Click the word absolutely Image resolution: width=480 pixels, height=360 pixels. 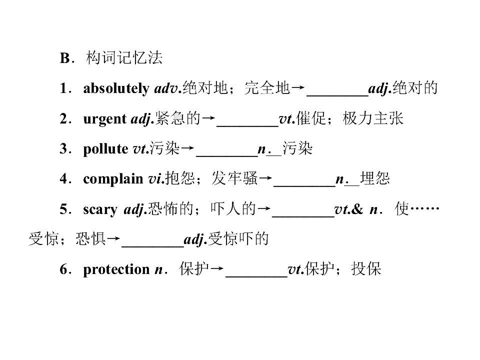tap(116, 88)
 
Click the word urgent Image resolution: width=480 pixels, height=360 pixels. tap(104, 119)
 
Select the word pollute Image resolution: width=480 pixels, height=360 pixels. tap(105, 149)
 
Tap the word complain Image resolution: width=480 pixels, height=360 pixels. tap(113, 179)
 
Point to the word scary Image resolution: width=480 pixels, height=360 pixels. tap(100, 209)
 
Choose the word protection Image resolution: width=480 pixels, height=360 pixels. tap(116, 269)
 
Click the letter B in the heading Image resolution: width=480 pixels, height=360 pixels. tap(65, 58)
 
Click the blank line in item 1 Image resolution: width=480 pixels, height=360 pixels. tap(337, 96)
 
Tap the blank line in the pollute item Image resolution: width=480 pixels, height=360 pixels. tap(227, 156)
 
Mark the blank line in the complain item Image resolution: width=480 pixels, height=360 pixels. tap(304, 186)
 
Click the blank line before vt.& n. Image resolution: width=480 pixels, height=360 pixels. tap(303, 216)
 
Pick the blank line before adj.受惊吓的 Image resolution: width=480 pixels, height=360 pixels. tap(153, 246)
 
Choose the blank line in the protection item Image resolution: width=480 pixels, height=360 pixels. tap(256, 276)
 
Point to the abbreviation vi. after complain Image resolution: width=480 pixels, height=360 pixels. tap(156, 179)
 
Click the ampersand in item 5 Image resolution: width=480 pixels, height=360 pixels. tap(357, 209)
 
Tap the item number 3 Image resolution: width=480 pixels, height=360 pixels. tap(63, 149)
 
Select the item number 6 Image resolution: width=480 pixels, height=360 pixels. tap(63, 269)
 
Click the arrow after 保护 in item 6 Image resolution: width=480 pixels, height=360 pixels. tap(217, 269)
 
